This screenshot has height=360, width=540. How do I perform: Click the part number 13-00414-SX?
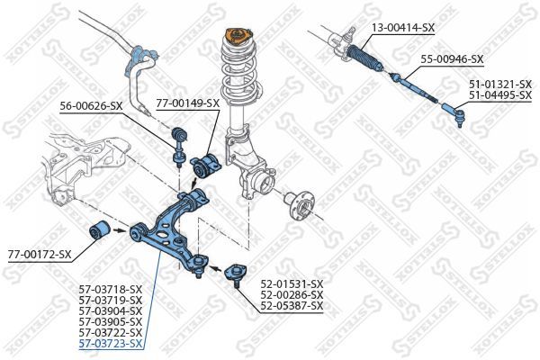tap(403, 28)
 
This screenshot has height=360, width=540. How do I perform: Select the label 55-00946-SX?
tap(452, 59)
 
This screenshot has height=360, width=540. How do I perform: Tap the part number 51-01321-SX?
tap(499, 84)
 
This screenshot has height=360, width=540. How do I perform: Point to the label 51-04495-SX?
tap(499, 94)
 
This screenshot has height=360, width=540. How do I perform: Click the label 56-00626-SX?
tap(91, 106)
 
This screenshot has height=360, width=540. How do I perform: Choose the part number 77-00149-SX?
tap(187, 103)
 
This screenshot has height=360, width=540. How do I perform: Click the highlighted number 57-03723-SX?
tap(111, 344)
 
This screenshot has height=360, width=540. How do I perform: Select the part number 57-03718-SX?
tap(111, 289)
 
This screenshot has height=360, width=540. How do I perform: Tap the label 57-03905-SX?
tap(111, 321)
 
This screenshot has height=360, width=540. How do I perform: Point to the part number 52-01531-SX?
tap(292, 284)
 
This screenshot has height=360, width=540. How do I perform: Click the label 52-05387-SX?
tap(292, 306)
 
